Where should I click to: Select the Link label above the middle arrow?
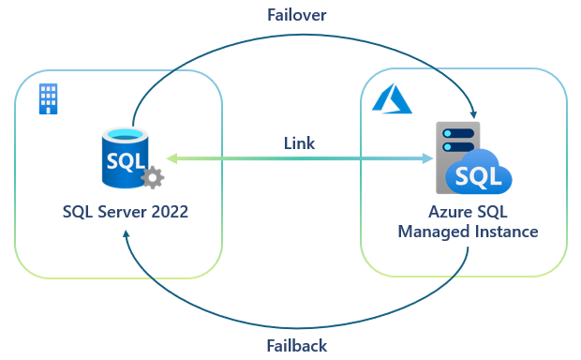click(x=299, y=143)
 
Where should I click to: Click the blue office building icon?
click(x=48, y=97)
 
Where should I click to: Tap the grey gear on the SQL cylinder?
click(x=151, y=178)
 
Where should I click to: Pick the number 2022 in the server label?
click(x=168, y=212)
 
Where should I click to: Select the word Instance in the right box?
click(x=504, y=232)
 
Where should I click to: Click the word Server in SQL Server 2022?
click(x=121, y=212)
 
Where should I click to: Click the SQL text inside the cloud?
click(x=476, y=176)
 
